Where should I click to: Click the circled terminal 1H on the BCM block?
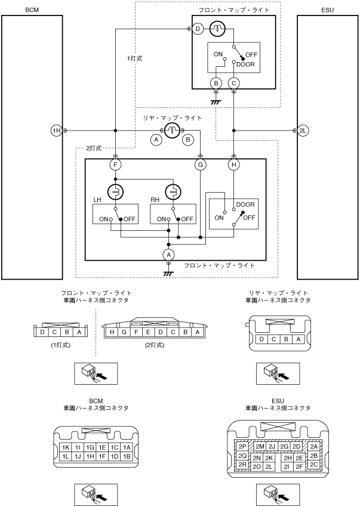(56, 131)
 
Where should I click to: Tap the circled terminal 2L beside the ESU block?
(303, 131)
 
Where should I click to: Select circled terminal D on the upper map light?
(198, 28)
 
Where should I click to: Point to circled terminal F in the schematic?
(115, 165)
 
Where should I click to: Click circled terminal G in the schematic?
(201, 165)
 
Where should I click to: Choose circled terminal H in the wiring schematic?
(234, 165)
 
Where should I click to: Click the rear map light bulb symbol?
(172, 131)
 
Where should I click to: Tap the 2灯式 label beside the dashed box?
(94, 147)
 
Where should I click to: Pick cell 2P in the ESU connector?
(242, 446)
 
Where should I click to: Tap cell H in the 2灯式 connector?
(112, 332)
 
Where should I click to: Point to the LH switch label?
(98, 199)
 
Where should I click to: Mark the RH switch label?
(155, 199)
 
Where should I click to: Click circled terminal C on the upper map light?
(234, 83)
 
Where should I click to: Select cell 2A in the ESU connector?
(314, 446)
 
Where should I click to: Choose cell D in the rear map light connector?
(261, 339)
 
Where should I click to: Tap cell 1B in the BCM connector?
(127, 456)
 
